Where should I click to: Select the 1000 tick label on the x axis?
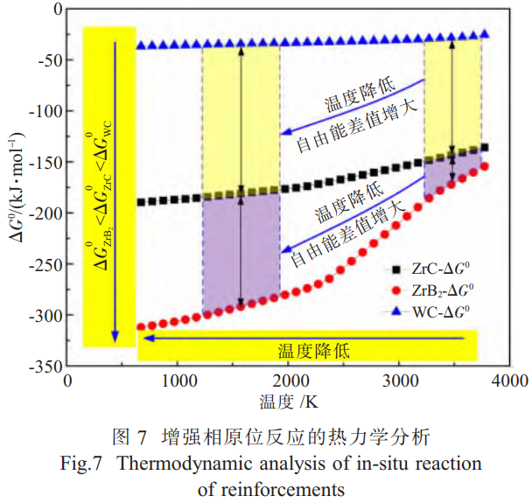178,381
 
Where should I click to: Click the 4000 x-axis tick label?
508,381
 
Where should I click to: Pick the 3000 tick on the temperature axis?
398,381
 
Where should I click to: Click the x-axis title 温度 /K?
288,402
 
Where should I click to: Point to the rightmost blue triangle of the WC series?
485,34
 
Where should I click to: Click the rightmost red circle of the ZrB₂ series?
485,166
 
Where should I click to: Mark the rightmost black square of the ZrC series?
485,147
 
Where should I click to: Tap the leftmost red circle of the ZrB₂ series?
141,327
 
